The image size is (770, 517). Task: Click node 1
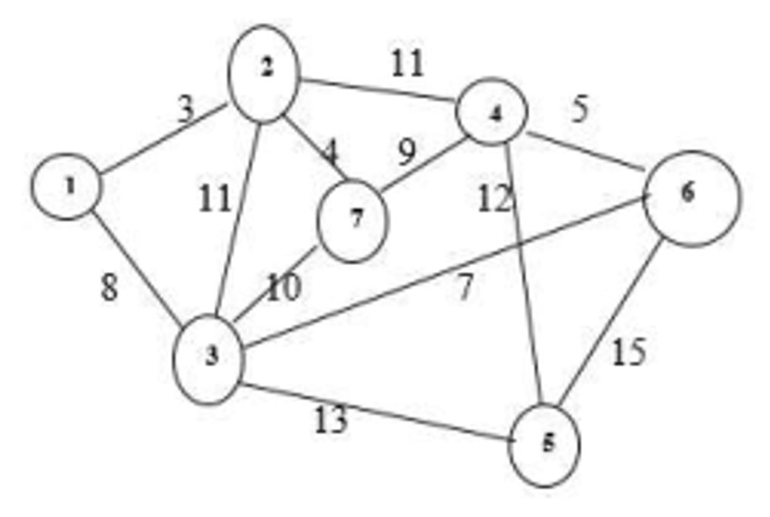(67, 187)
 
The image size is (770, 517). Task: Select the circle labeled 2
(264, 72)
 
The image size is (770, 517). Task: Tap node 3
(209, 359)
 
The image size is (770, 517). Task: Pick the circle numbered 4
(491, 112)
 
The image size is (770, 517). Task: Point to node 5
(545, 446)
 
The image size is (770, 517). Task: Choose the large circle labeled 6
(690, 197)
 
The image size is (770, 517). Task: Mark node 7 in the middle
(352, 219)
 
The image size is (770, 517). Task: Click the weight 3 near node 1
(185, 109)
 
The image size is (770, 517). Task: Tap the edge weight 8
(109, 288)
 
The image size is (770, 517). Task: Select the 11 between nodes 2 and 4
(407, 64)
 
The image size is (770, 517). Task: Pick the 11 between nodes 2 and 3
(214, 199)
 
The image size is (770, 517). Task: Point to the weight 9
(406, 153)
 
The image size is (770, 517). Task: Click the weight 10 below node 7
(284, 289)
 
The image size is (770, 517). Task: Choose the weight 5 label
(580, 109)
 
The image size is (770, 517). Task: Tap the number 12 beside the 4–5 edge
(494, 199)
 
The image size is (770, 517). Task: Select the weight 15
(628, 352)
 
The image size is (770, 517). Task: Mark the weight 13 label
(330, 421)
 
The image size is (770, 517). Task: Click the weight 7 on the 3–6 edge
(464, 288)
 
